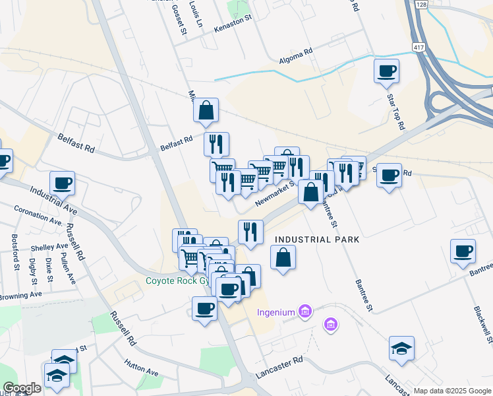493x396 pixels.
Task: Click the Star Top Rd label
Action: point(395,111)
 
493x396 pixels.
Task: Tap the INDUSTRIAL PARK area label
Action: point(317,240)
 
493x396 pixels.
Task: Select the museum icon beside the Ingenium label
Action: point(304,310)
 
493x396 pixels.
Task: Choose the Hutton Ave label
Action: point(142,368)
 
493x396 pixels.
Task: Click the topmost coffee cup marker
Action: point(386,71)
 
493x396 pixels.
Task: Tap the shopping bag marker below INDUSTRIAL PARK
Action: point(283,257)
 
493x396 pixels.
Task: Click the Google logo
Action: point(22,388)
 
